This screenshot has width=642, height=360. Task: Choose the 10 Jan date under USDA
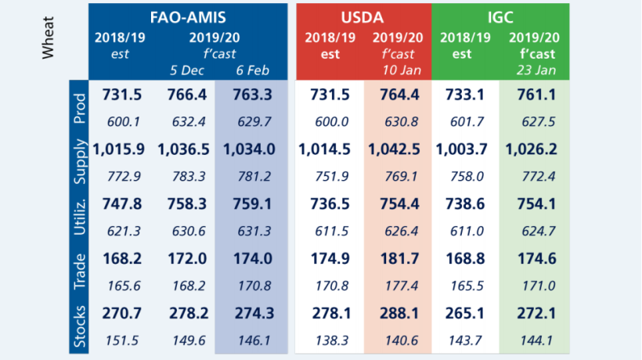click(397, 70)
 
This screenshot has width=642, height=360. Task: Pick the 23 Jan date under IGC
click(534, 70)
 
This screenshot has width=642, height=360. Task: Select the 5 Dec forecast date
click(186, 70)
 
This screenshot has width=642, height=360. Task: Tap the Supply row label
click(78, 162)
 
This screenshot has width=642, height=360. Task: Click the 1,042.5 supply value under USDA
click(398, 149)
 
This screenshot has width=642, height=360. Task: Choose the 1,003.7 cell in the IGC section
click(465, 149)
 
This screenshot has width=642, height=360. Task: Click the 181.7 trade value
click(398, 257)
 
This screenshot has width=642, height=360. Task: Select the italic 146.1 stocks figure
click(251, 340)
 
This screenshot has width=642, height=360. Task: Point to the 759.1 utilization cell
click(251, 203)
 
